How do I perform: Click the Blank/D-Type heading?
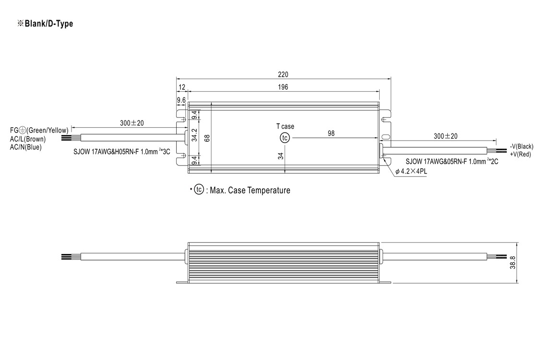click(45, 24)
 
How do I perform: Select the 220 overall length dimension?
click(283, 74)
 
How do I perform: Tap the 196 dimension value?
click(283, 87)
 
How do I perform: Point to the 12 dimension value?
click(182, 87)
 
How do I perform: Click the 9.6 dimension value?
click(181, 100)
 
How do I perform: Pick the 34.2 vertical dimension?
click(194, 135)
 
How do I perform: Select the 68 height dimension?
click(207, 138)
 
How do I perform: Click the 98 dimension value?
click(331, 133)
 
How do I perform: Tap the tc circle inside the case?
click(285, 138)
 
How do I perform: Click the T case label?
click(285, 126)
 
